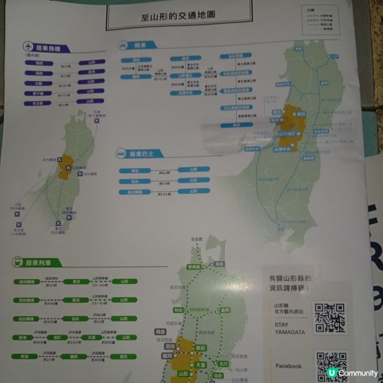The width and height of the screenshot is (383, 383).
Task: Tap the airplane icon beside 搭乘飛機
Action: click(27, 47)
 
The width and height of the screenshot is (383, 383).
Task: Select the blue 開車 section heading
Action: click(141, 46)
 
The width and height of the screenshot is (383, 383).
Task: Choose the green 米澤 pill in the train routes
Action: click(92, 337)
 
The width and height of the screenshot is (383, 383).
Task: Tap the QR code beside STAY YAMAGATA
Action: click(329, 318)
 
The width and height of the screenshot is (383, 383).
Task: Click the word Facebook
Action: click(288, 366)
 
